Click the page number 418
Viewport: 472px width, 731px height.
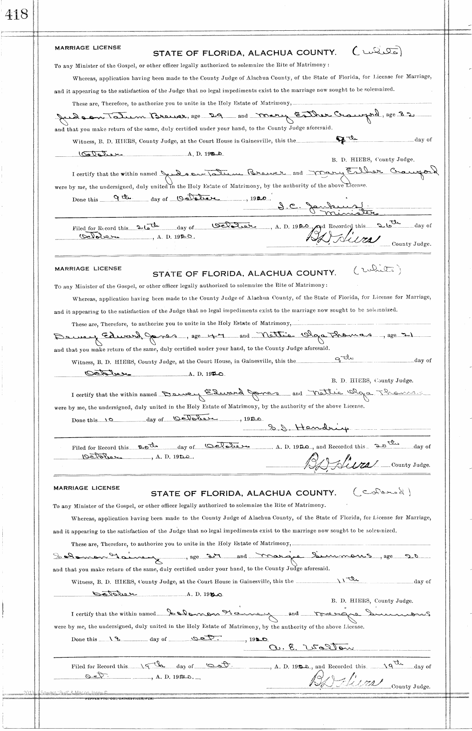(17, 15)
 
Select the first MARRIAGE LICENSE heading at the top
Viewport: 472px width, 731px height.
(88, 48)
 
